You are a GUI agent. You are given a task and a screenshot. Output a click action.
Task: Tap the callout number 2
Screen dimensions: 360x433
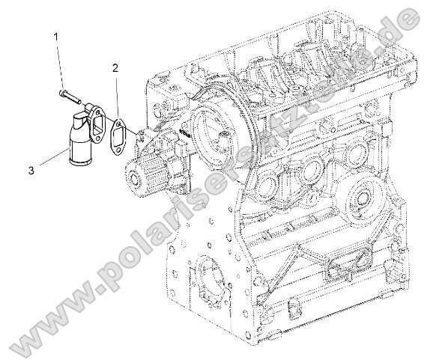[115, 67]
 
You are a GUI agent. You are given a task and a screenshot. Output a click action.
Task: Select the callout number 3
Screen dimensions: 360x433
[31, 171]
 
